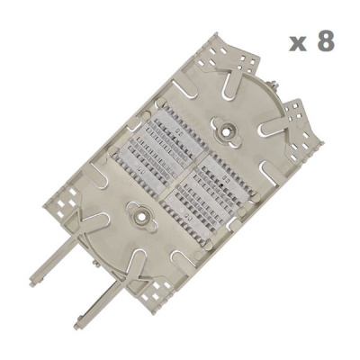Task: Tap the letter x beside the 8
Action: click(x=299, y=44)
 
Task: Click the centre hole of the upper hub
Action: click(x=226, y=130)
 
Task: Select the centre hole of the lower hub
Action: click(x=141, y=215)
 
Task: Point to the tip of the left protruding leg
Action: click(x=33, y=283)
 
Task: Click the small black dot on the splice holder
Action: click(x=221, y=186)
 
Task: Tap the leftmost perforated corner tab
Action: click(x=63, y=200)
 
